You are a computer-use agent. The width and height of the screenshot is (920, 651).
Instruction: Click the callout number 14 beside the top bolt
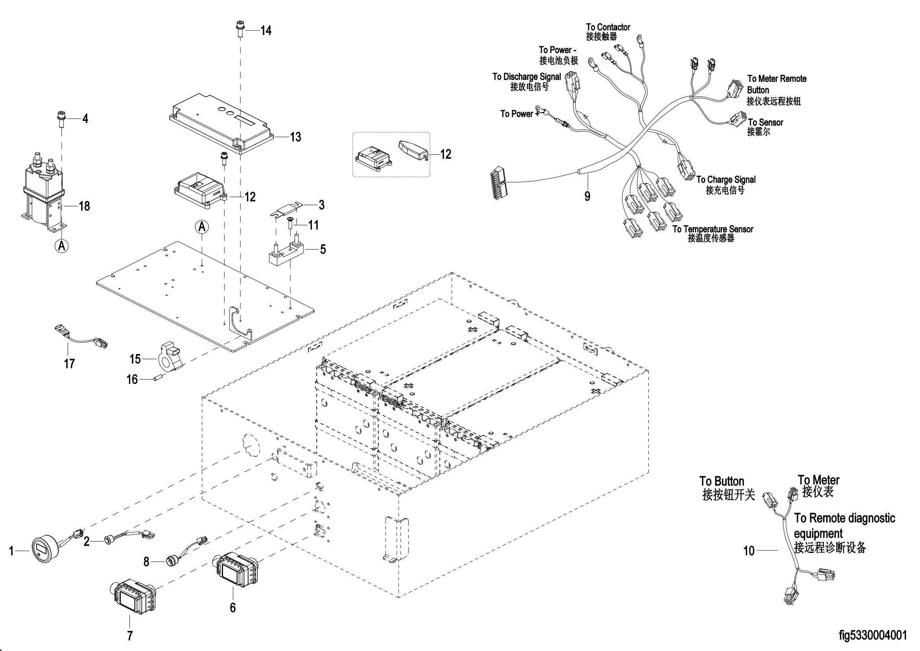point(266,30)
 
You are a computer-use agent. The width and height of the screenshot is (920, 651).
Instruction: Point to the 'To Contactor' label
point(608,27)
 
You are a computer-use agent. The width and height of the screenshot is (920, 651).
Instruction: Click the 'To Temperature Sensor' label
point(713,229)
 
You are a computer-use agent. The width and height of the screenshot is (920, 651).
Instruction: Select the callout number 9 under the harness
point(587,196)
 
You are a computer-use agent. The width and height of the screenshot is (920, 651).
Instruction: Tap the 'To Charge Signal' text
point(726,179)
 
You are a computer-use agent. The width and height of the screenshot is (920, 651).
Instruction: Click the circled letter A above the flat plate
point(202,227)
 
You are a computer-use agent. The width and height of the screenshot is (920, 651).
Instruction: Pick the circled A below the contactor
point(61,245)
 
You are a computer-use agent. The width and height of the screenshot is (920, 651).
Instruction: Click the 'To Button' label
point(722,481)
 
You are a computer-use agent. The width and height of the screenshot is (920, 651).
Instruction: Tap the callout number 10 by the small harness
point(749,551)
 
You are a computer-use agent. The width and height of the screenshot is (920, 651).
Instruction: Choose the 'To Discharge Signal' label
point(527,76)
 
